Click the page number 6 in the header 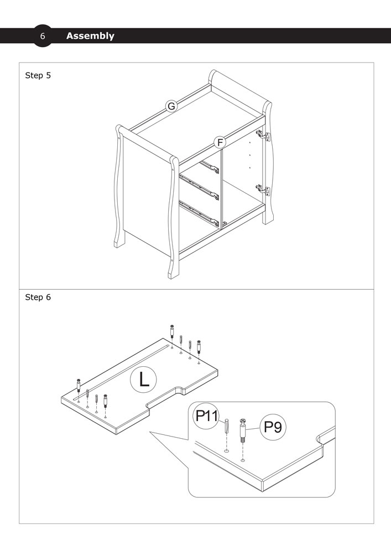pos(43,36)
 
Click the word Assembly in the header pos(90,36)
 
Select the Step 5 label pos(38,75)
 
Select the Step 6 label pos(38,297)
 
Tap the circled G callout pos(171,106)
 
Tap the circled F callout pos(220,143)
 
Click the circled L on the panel pos(143,380)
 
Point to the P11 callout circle pos(207,416)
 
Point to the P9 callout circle pos(273,427)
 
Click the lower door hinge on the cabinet pos(263,189)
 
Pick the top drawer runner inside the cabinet pos(210,167)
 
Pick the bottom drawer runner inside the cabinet pos(199,213)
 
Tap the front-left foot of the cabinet pos(174,271)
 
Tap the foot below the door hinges pos(268,216)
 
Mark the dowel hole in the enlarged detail pos(226,451)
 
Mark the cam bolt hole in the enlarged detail pos(243,460)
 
